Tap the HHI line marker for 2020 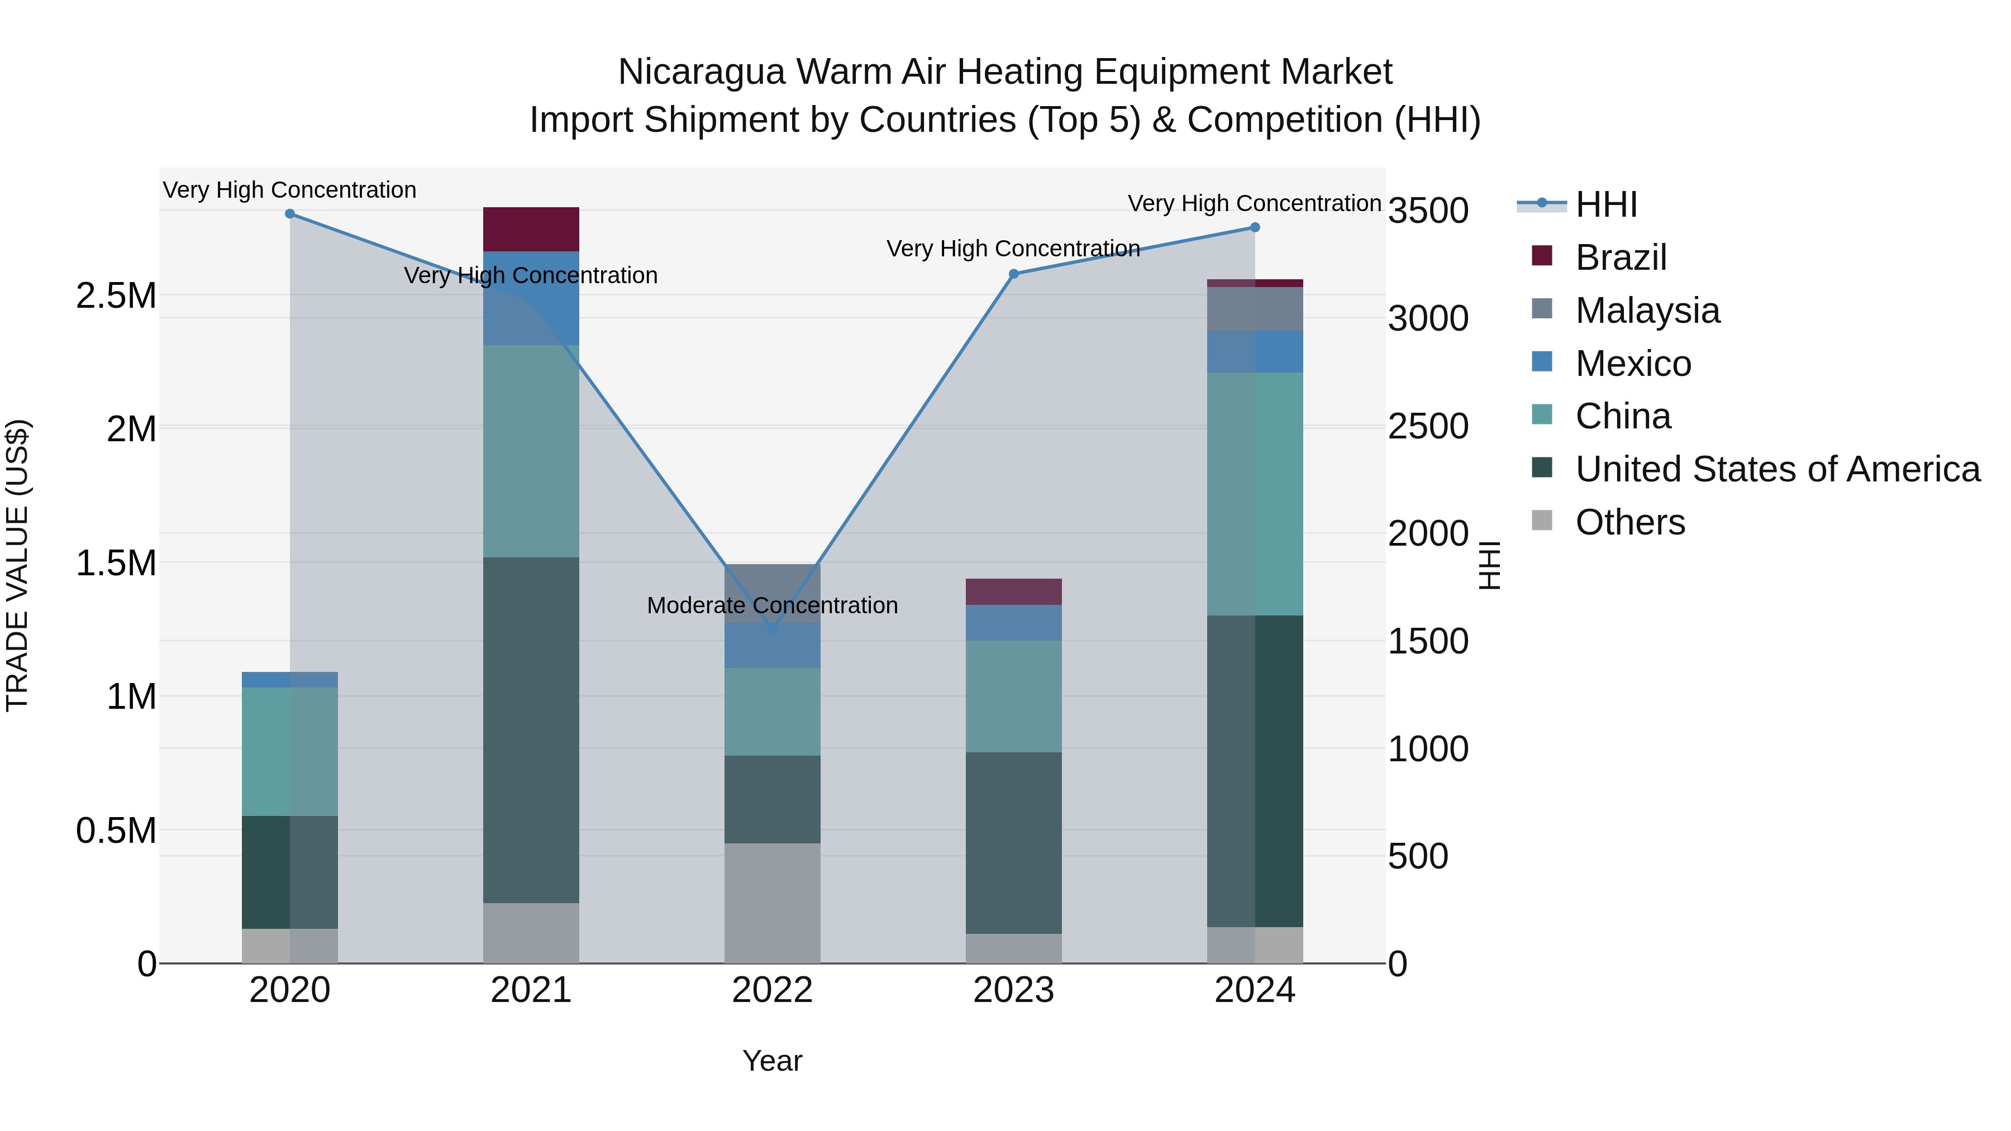coord(289,214)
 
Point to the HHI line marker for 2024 coord(1255,228)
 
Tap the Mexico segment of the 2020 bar coord(289,680)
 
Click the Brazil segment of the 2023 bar coord(1013,591)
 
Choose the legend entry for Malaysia coord(1647,311)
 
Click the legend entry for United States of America coord(1777,469)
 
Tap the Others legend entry coord(1629,522)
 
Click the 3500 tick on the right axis coord(1428,211)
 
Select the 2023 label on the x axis coord(1013,990)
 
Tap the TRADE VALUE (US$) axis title coord(17,565)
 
